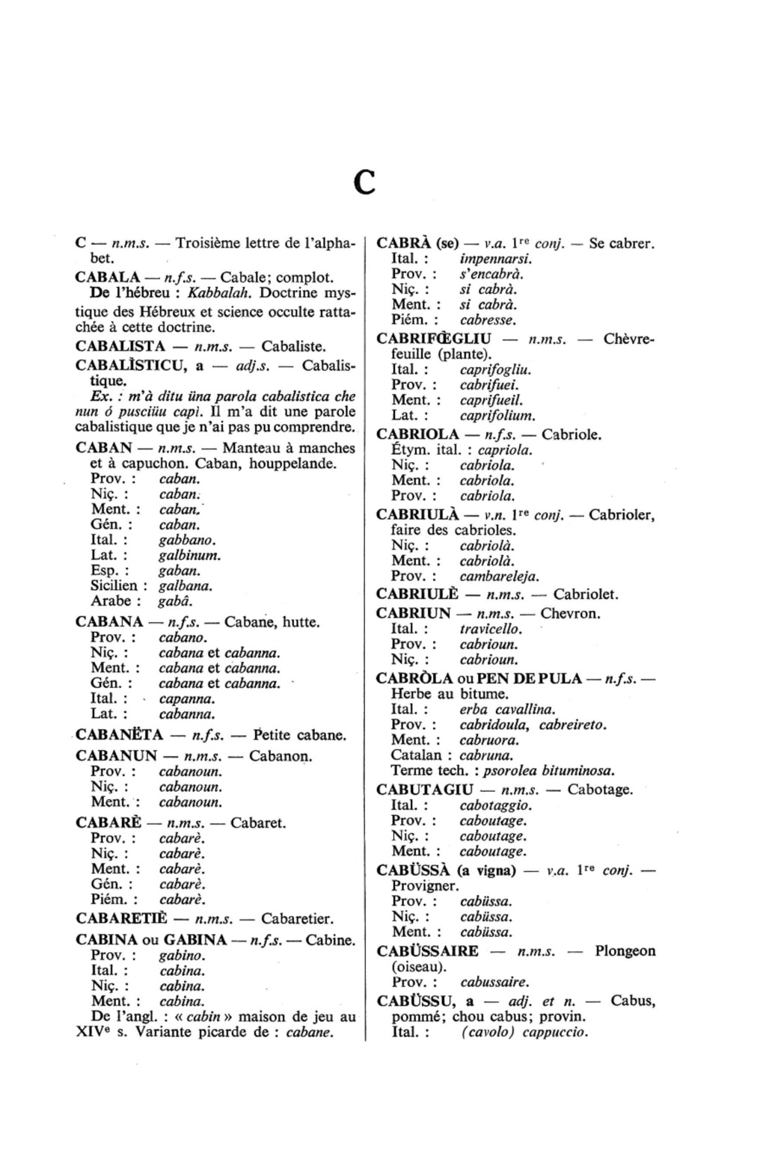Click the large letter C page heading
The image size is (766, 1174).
pos(364,182)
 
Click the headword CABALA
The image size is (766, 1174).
pos(108,277)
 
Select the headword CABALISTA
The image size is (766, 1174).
pos(120,346)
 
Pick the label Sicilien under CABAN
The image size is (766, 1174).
pos(118,586)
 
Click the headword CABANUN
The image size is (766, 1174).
pos(116,756)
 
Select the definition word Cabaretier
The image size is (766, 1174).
pos(297,918)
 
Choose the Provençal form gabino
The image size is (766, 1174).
pos(183,956)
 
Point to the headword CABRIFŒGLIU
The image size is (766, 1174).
pos(434,339)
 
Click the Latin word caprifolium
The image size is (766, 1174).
pos(497,416)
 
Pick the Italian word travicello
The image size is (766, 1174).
pos(491,629)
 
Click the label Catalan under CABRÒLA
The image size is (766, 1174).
pos(417,755)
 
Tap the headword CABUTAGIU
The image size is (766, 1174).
pos(425,790)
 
